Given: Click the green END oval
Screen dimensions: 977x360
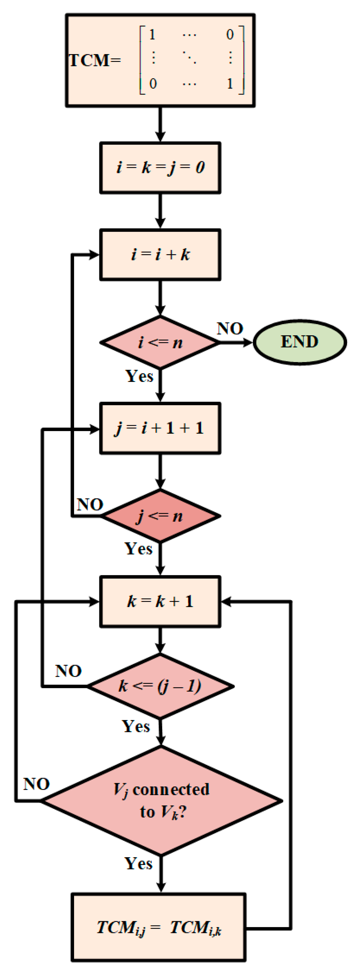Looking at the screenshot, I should pos(299,342).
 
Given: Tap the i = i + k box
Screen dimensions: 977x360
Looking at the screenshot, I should pos(160,254).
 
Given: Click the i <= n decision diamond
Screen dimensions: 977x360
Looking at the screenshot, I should pos(160,342).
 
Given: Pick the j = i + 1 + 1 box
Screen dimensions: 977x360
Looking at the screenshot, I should pos(160,428).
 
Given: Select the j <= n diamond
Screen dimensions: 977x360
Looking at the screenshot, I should pos(160,516).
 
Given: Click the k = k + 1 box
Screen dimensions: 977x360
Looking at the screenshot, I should pos(160,602).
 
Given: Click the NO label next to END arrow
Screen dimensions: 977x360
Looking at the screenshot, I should pos(230,328).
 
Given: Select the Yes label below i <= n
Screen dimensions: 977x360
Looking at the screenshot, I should pos(139,376).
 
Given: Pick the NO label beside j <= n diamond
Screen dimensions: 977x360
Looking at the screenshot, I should pos(90,504).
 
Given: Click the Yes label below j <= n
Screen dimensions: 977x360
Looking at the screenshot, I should pos(138,549).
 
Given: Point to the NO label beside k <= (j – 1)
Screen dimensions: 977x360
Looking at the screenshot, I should pos(68,671).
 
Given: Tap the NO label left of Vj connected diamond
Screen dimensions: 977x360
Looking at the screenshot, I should pos(36,784).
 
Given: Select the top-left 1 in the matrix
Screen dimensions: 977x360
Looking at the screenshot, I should pos(152,35).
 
